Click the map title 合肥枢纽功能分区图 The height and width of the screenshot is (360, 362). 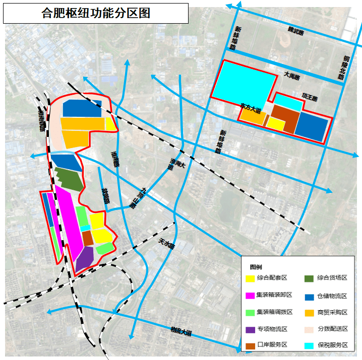point(96,13)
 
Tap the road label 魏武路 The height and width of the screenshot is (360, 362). point(292,32)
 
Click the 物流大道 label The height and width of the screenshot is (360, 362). point(181,331)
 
